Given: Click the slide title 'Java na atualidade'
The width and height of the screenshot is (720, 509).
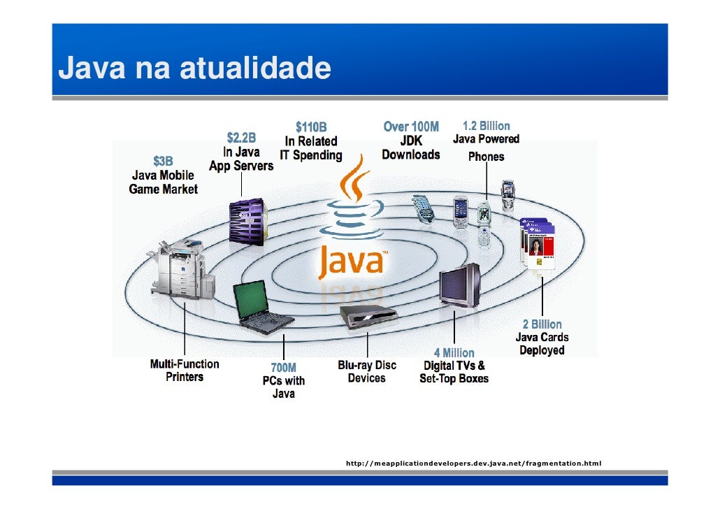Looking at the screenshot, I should point(194,69).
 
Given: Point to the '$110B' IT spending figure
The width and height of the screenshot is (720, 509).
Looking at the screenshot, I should point(310,127).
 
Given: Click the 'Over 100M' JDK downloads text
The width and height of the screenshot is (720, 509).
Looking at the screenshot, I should point(411,127).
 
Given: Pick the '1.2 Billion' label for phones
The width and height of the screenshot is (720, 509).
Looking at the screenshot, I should point(486,126).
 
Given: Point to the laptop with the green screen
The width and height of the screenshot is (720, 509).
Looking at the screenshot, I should point(260,308).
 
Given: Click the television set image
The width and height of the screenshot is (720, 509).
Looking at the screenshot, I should point(460,285).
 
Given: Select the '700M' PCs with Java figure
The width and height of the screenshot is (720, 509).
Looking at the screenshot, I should point(283,368).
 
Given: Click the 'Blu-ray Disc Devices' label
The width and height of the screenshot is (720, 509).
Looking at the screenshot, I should point(367,371).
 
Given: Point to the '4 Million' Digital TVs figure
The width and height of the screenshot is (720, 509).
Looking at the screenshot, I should point(454,353).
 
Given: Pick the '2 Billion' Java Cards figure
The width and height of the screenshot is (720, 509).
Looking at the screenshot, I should point(542,324).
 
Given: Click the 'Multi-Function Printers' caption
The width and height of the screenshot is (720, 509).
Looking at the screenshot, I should point(185,371).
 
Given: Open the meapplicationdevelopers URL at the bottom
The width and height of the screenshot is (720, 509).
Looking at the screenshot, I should point(473,464).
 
